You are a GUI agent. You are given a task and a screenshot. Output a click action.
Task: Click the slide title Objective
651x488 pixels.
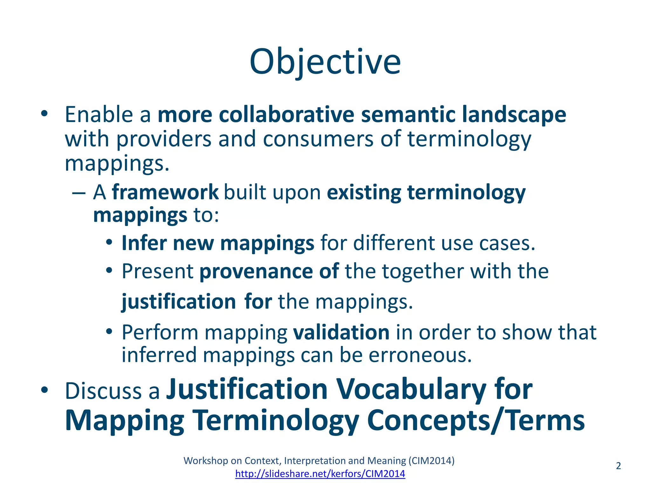(325, 62)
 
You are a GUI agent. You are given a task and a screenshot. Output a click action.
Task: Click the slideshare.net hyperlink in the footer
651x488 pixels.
(320, 474)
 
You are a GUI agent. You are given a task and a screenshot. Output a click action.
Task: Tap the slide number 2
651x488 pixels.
(618, 466)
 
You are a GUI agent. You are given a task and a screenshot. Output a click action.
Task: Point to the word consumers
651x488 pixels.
(318, 139)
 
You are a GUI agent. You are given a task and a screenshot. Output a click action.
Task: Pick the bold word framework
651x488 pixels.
(165, 192)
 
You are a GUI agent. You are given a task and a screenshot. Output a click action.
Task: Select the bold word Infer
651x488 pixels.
(144, 243)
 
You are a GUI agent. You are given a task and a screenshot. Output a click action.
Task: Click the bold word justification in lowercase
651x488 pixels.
(179, 302)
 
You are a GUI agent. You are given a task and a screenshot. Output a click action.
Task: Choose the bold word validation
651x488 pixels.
(341, 332)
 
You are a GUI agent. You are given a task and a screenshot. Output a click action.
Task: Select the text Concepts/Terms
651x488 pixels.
(476, 420)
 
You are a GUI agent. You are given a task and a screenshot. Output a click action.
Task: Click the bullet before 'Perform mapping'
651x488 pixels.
(109, 332)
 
